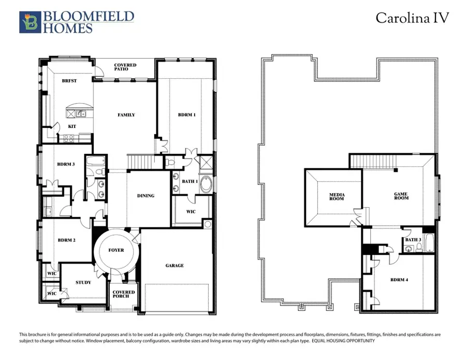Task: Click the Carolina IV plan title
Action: [x=412, y=18]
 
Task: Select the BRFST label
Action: [x=69, y=81]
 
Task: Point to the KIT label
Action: [x=72, y=126]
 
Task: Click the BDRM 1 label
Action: [x=186, y=115]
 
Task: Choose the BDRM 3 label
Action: [x=66, y=164]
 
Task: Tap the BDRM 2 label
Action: [x=67, y=240]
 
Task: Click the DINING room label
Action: [x=145, y=196]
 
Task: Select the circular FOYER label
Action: [x=116, y=250]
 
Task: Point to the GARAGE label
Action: [x=174, y=266]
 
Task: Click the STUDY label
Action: [x=83, y=283]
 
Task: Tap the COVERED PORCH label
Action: [x=124, y=294]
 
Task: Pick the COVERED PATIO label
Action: [x=125, y=67]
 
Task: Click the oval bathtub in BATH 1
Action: [x=206, y=184]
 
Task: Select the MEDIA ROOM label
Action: [x=337, y=197]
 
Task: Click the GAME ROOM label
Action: [x=401, y=196]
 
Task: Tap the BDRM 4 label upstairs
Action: [x=399, y=280]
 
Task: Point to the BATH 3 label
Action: [x=413, y=240]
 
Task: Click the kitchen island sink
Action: [x=80, y=113]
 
